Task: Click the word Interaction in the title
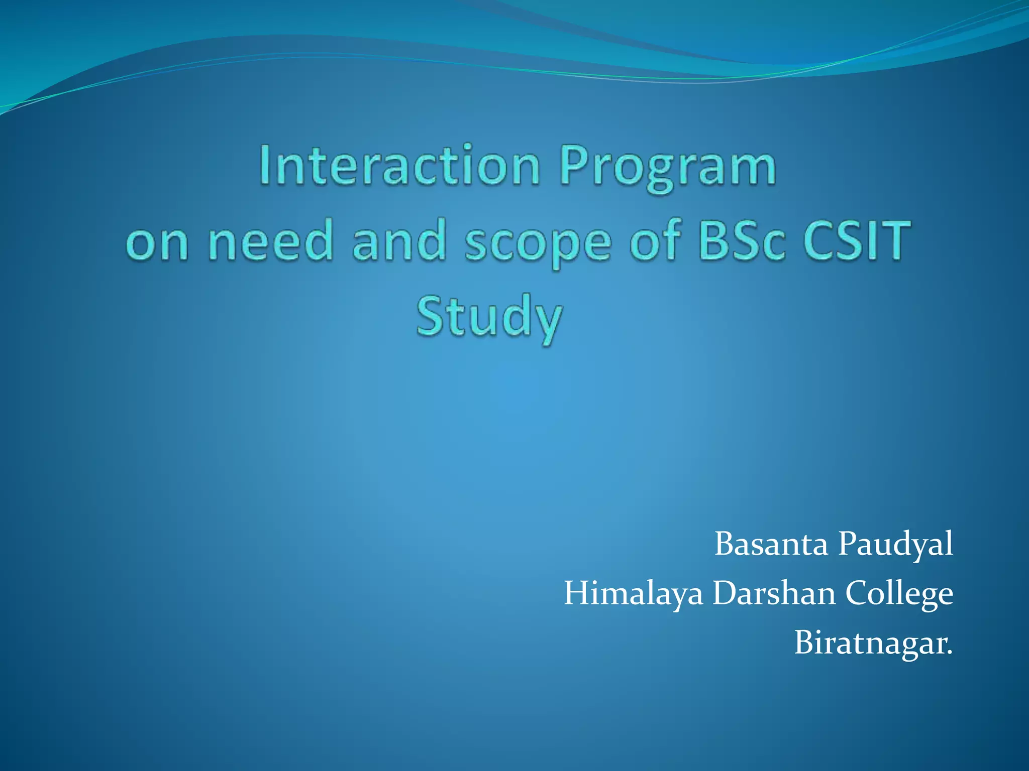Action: [x=400, y=166]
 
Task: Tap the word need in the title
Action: [x=270, y=241]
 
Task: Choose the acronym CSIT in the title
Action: [x=856, y=241]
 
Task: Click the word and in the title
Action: [x=399, y=241]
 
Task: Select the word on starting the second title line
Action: [x=157, y=243]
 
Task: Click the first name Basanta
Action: [x=771, y=544]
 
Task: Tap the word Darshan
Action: [x=774, y=593]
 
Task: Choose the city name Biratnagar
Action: [x=872, y=643]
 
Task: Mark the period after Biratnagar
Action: [x=949, y=653]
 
